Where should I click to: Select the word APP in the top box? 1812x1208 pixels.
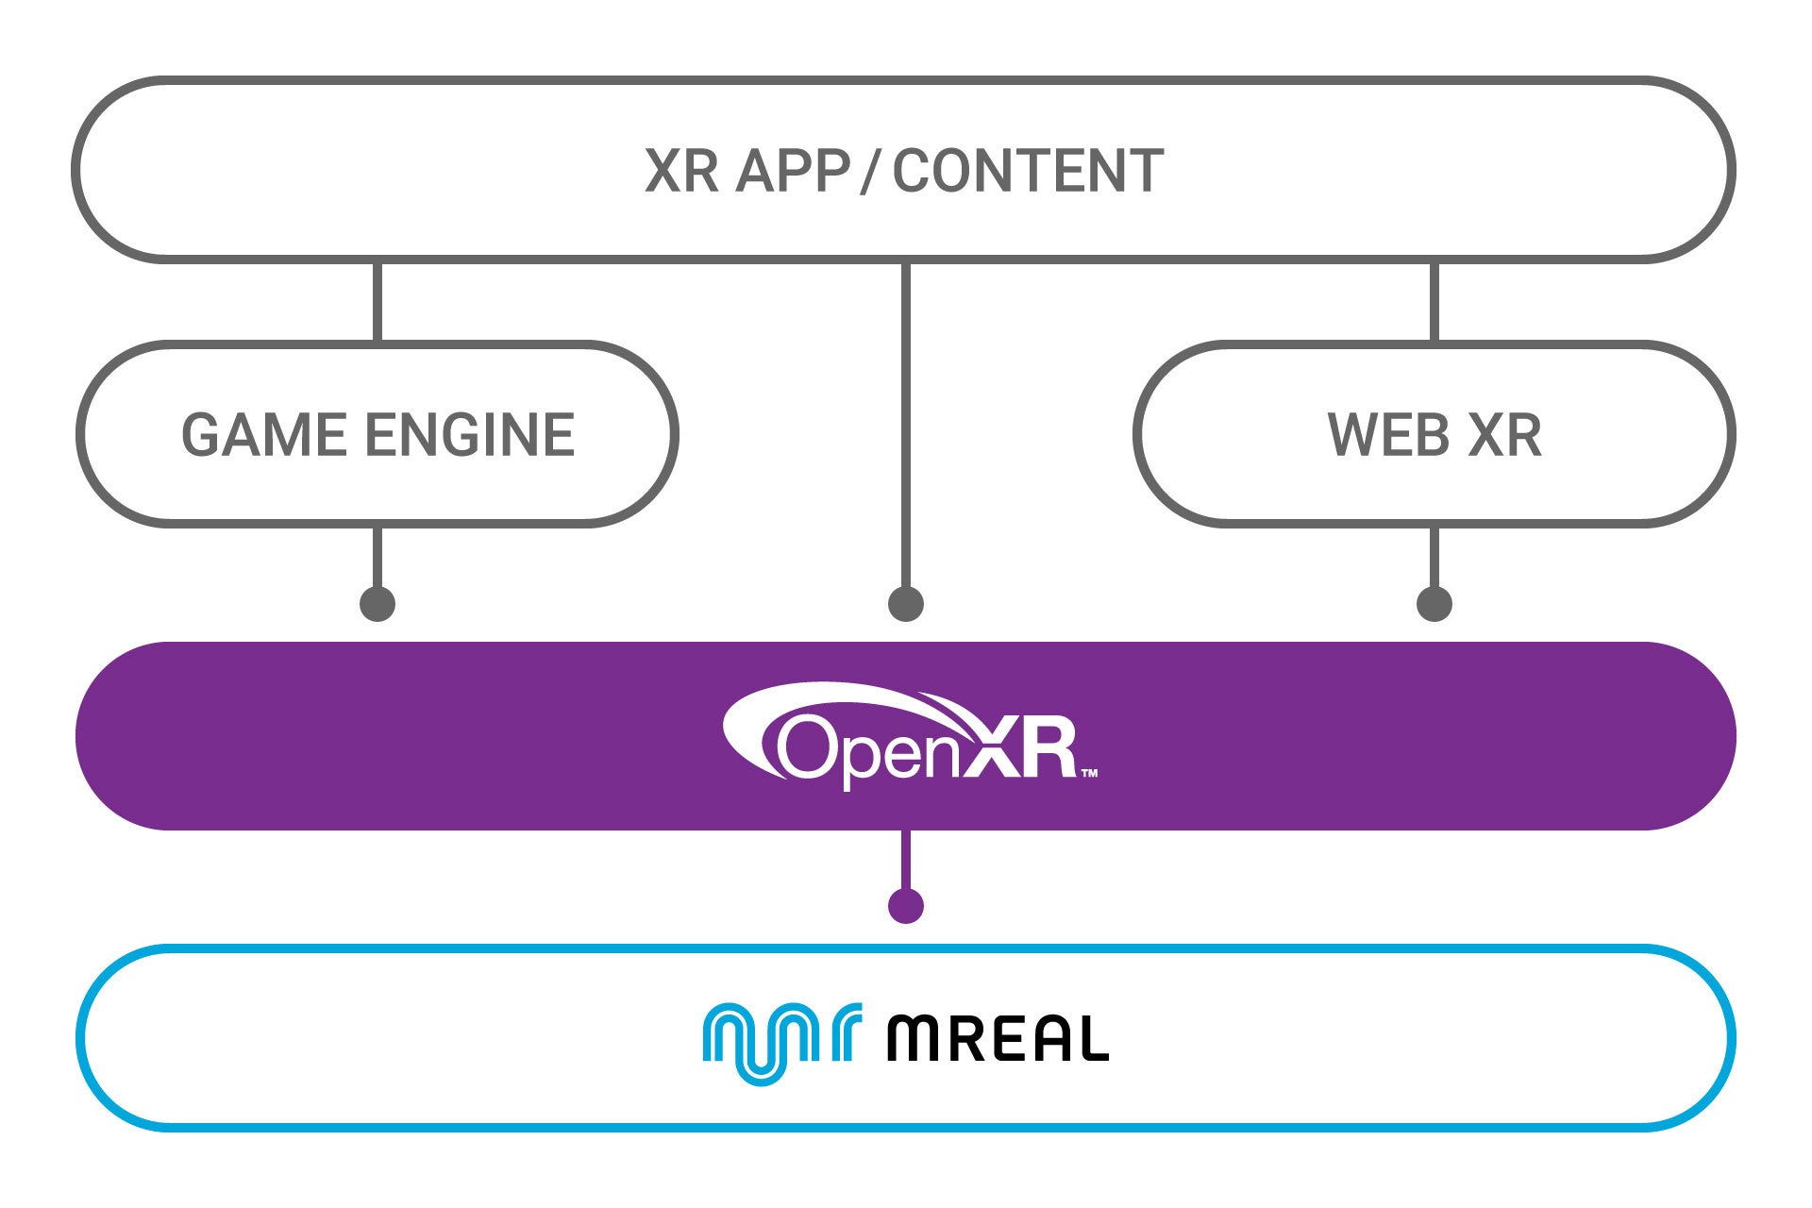(x=793, y=172)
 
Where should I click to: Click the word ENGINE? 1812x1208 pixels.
(x=469, y=435)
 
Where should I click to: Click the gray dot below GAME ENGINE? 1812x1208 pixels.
(x=377, y=603)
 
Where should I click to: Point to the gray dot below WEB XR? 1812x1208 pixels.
(x=1434, y=603)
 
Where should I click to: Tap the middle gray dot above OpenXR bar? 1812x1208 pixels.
(x=906, y=603)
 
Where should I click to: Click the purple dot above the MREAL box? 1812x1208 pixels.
(x=906, y=905)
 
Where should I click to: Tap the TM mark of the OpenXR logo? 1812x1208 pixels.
(x=1088, y=774)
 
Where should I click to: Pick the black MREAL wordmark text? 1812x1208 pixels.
(x=997, y=1039)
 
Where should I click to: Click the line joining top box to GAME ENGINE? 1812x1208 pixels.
(x=377, y=300)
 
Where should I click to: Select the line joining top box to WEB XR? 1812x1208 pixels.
(x=1434, y=300)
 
